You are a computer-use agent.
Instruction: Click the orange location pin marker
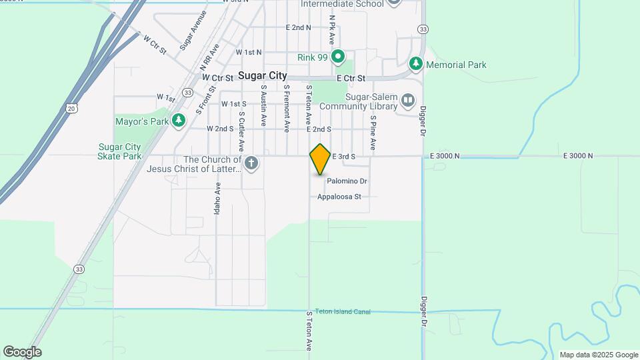click(x=321, y=159)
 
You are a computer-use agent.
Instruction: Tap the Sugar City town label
click(x=263, y=76)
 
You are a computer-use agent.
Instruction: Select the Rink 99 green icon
click(x=338, y=57)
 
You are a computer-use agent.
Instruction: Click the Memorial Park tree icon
click(x=417, y=64)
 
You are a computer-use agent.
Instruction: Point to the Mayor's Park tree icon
click(x=178, y=121)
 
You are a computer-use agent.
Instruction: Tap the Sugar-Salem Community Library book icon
click(x=408, y=101)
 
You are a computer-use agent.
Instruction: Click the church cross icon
click(x=251, y=163)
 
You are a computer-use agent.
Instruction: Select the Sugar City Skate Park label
click(x=121, y=151)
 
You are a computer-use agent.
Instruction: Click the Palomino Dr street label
click(x=347, y=181)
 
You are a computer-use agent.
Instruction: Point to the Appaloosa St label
click(x=339, y=197)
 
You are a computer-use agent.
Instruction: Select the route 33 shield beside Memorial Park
click(x=423, y=29)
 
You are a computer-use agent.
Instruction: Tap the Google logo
click(x=22, y=352)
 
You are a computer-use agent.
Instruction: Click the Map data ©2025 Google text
click(x=598, y=355)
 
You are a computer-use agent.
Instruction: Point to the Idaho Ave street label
click(x=217, y=197)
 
